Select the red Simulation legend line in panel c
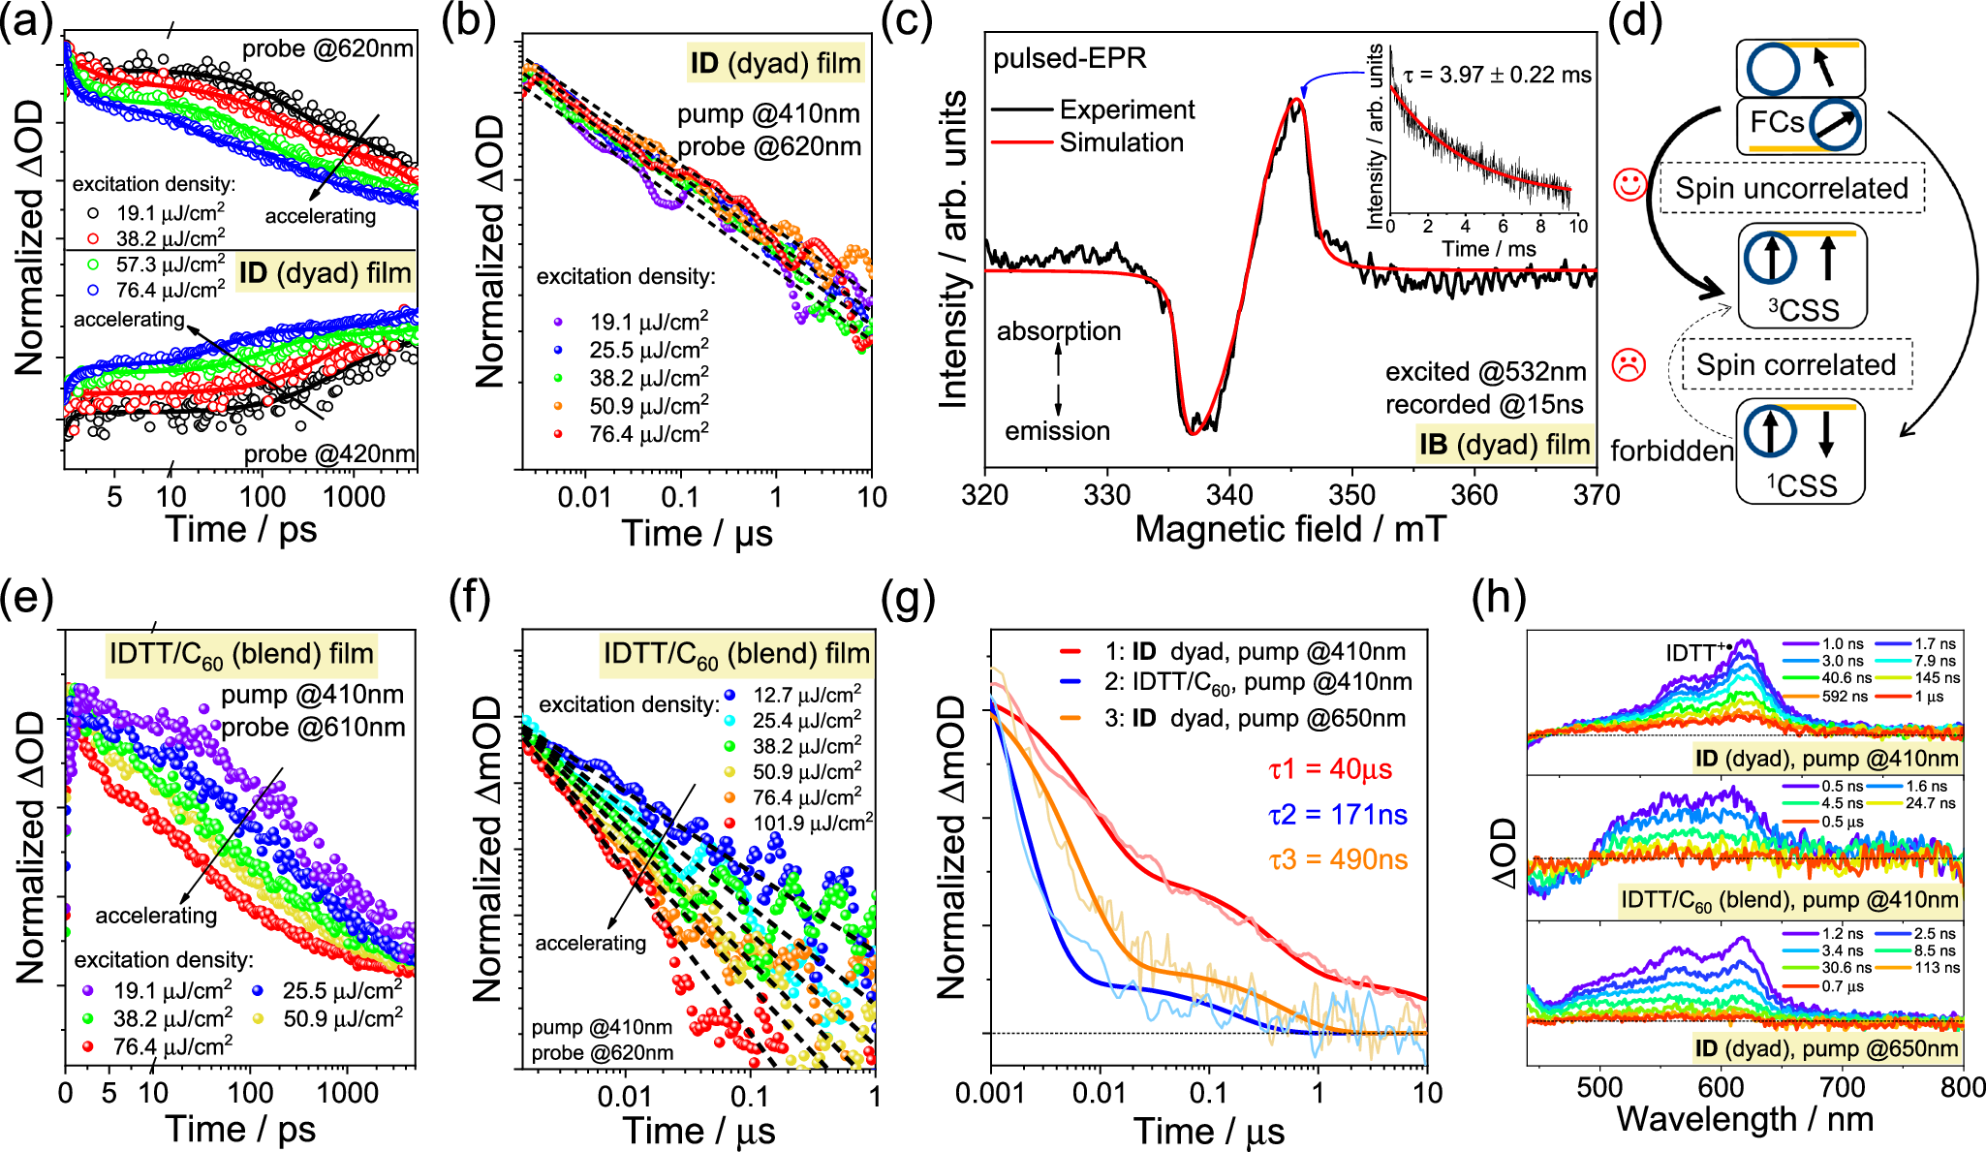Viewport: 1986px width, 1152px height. tap(1021, 143)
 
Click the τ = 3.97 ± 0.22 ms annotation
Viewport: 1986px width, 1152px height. tap(1497, 76)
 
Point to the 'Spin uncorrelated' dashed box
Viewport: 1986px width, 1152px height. tap(1791, 188)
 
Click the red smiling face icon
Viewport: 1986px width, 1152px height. tap(1630, 185)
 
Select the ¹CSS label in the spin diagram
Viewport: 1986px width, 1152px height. tap(1801, 484)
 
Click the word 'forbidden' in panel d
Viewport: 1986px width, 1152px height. tap(1671, 451)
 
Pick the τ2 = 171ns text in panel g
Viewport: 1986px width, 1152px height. tap(1338, 815)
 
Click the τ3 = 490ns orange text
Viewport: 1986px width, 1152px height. tap(1338, 859)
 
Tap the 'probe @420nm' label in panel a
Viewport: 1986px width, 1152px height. tap(329, 454)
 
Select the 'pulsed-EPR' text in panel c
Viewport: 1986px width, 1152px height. tap(1070, 59)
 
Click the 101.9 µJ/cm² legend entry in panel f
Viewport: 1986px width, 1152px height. tap(812, 823)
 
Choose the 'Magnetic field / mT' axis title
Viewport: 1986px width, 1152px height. tap(1290, 530)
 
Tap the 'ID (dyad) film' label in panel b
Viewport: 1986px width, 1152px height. tap(775, 64)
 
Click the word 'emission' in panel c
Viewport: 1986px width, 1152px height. tap(1057, 431)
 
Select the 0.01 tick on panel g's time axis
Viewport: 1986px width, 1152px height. tap(1100, 1094)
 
